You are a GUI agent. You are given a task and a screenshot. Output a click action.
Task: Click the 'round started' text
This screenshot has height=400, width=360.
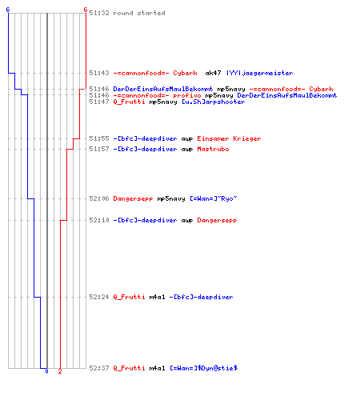(x=139, y=13)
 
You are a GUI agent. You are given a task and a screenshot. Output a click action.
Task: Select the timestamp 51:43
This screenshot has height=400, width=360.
(x=99, y=73)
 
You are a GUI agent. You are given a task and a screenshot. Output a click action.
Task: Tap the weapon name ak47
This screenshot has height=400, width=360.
(x=213, y=73)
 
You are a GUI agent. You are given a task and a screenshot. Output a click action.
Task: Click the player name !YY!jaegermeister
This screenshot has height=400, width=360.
(x=259, y=73)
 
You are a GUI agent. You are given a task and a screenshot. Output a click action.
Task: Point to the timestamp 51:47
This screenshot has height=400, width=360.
(x=99, y=102)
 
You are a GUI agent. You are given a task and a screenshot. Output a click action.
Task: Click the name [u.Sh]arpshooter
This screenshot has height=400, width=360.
(x=214, y=102)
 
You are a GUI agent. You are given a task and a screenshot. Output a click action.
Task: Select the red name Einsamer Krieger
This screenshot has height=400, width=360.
(x=229, y=138)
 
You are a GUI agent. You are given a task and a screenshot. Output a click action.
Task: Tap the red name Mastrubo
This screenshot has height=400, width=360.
(x=213, y=149)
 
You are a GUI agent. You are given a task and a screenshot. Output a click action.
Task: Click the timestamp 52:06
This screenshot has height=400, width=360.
(x=99, y=198)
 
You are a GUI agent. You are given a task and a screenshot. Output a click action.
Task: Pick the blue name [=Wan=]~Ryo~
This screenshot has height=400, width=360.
(x=214, y=198)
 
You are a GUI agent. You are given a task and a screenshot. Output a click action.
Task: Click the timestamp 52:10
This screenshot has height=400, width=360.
(x=99, y=220)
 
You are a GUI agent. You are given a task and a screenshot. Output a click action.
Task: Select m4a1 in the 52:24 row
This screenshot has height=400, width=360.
(x=157, y=297)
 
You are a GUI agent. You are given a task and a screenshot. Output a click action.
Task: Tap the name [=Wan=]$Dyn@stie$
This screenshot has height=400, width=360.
(x=204, y=368)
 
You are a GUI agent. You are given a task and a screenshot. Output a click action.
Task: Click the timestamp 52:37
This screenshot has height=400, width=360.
(x=99, y=368)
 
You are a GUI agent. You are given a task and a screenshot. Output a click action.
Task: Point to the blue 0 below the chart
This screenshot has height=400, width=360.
(x=46, y=371)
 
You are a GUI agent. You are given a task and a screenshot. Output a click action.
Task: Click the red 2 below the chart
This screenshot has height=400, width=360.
(x=60, y=371)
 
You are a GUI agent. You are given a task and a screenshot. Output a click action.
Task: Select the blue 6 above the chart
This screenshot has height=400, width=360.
(x=8, y=10)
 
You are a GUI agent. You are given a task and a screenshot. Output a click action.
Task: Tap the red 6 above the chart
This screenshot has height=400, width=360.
(x=86, y=10)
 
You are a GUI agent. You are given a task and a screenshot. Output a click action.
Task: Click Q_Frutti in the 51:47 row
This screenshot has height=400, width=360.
(x=129, y=102)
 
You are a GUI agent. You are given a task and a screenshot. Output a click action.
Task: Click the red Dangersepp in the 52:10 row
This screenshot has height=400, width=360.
(x=217, y=220)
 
